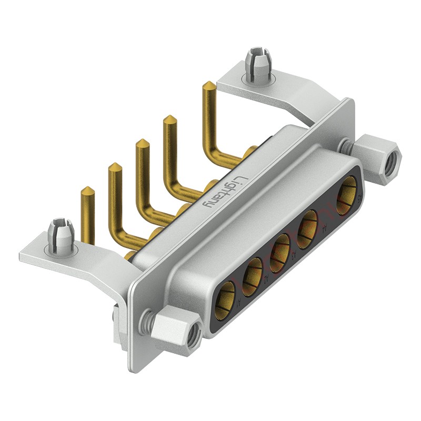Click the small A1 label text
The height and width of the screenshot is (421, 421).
coord(238,303)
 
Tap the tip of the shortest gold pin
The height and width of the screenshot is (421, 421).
coord(87,189)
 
